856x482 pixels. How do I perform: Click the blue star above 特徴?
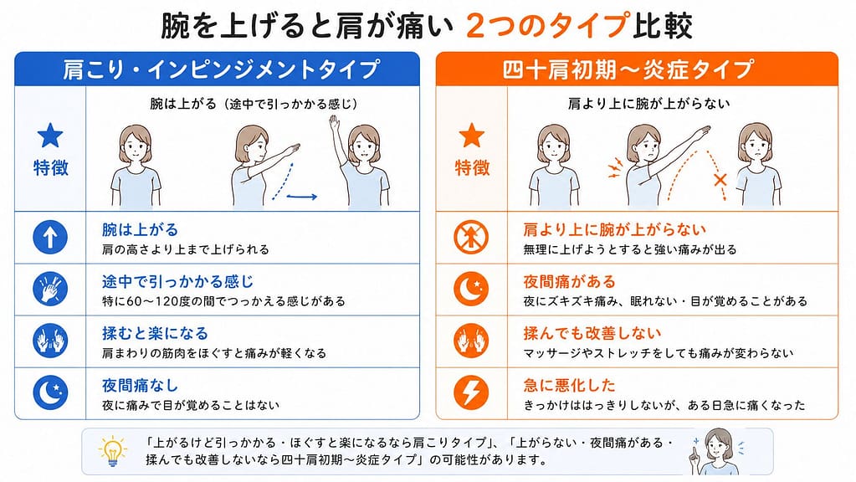[x=50, y=136]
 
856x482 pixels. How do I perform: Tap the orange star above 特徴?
[x=472, y=136]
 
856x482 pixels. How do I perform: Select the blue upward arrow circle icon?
[x=50, y=238]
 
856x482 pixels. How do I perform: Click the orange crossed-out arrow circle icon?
[x=471, y=238]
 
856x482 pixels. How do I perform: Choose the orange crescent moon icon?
[x=471, y=290]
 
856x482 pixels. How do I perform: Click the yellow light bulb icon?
[x=113, y=451]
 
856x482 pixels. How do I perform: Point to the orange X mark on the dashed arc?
[x=720, y=179]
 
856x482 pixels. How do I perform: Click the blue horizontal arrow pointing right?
[x=302, y=197]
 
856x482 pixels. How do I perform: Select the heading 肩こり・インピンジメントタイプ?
[x=221, y=69]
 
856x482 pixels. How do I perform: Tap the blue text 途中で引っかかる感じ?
[x=178, y=282]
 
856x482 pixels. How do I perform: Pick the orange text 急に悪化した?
[x=569, y=386]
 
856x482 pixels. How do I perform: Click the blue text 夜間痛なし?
[x=141, y=386]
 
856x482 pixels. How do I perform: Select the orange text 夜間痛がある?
[x=569, y=282]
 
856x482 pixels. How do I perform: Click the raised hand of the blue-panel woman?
[x=334, y=122]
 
